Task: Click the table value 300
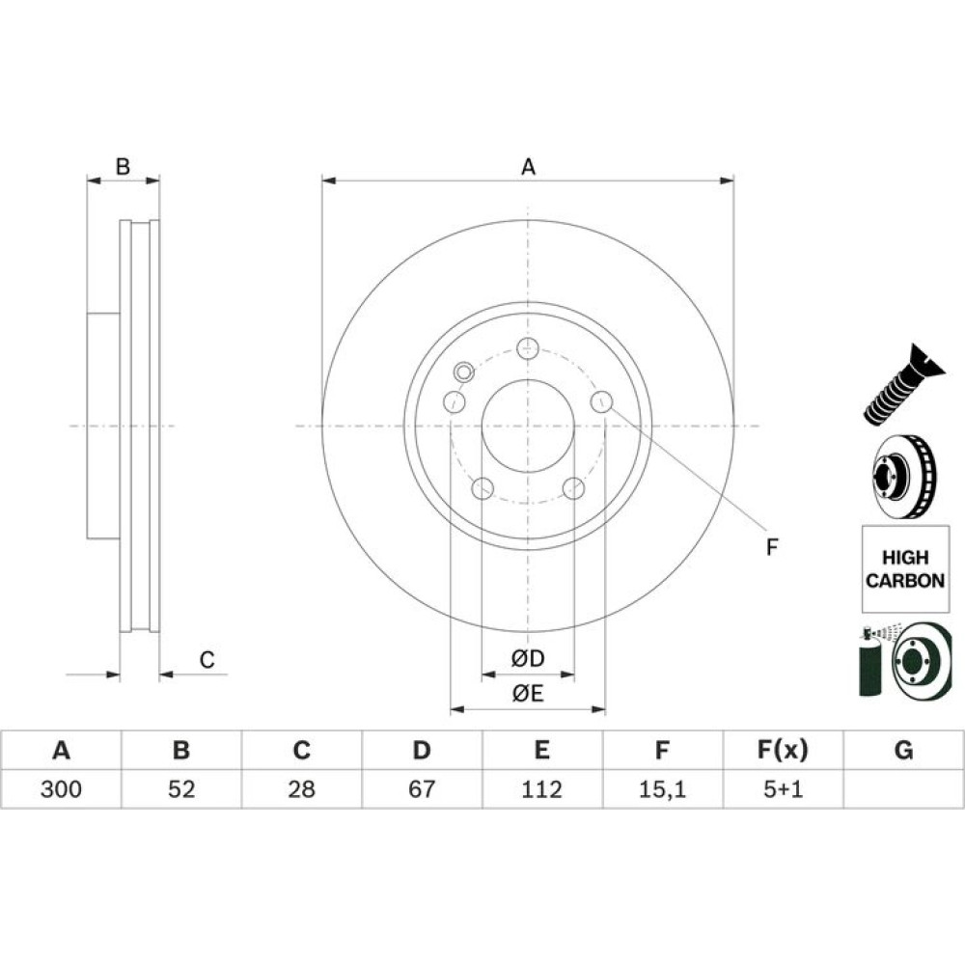(x=61, y=788)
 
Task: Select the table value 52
(x=181, y=788)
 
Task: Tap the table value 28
(x=301, y=788)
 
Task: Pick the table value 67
(x=422, y=788)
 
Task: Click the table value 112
(x=541, y=788)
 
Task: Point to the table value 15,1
(x=662, y=789)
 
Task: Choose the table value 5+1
(x=783, y=788)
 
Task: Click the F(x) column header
(x=783, y=750)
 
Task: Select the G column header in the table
(x=903, y=750)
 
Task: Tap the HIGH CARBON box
(x=905, y=568)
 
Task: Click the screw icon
(x=902, y=384)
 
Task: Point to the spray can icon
(x=870, y=664)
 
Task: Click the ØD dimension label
(x=528, y=658)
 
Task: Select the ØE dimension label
(x=528, y=694)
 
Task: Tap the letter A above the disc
(x=528, y=166)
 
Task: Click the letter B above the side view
(x=124, y=166)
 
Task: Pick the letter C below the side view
(x=207, y=660)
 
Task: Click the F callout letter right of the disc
(x=772, y=546)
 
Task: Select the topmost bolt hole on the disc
(x=528, y=348)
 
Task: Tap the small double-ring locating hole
(x=463, y=372)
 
